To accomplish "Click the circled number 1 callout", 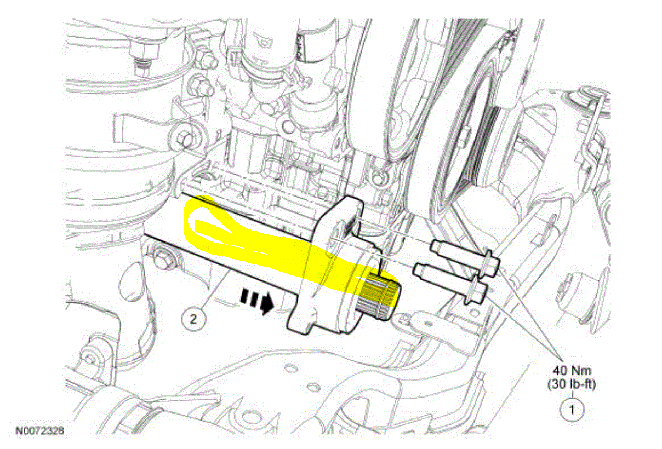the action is click(x=572, y=410).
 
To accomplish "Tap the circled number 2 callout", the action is click(x=193, y=319).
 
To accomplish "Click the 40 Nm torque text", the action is click(x=572, y=370).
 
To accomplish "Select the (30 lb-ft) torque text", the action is click(x=572, y=384).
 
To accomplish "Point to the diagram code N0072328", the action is click(x=39, y=431).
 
